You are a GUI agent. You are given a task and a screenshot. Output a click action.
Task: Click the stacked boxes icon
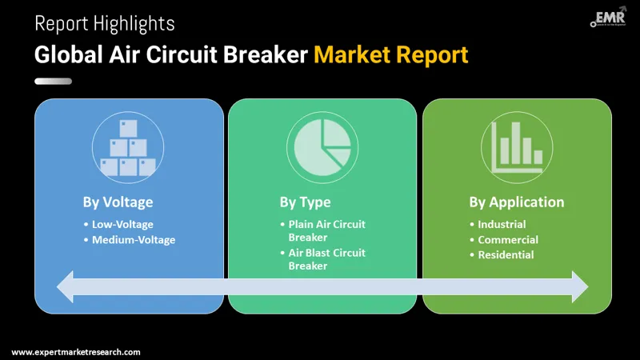128,147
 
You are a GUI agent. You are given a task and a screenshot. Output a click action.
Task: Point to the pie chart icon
322,147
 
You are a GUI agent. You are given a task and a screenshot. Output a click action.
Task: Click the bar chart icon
517,147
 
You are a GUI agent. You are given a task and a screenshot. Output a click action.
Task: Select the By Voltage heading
118,202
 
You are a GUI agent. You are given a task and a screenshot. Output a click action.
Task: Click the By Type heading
305,202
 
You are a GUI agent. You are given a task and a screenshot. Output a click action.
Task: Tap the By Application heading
516,202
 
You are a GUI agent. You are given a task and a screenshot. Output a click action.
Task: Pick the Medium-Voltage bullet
133,239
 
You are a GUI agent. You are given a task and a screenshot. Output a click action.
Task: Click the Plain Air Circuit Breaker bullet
326,231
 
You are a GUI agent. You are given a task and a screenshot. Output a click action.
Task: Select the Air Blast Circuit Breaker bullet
326,259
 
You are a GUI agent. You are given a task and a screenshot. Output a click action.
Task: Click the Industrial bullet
502,225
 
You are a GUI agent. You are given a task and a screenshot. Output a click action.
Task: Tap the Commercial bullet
508,239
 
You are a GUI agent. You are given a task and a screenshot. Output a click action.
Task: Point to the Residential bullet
506,254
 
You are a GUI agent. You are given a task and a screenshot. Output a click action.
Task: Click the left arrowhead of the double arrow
66,286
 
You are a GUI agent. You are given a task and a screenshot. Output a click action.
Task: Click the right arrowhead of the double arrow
578,286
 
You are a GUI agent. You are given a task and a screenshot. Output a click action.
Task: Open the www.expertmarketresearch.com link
76,352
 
